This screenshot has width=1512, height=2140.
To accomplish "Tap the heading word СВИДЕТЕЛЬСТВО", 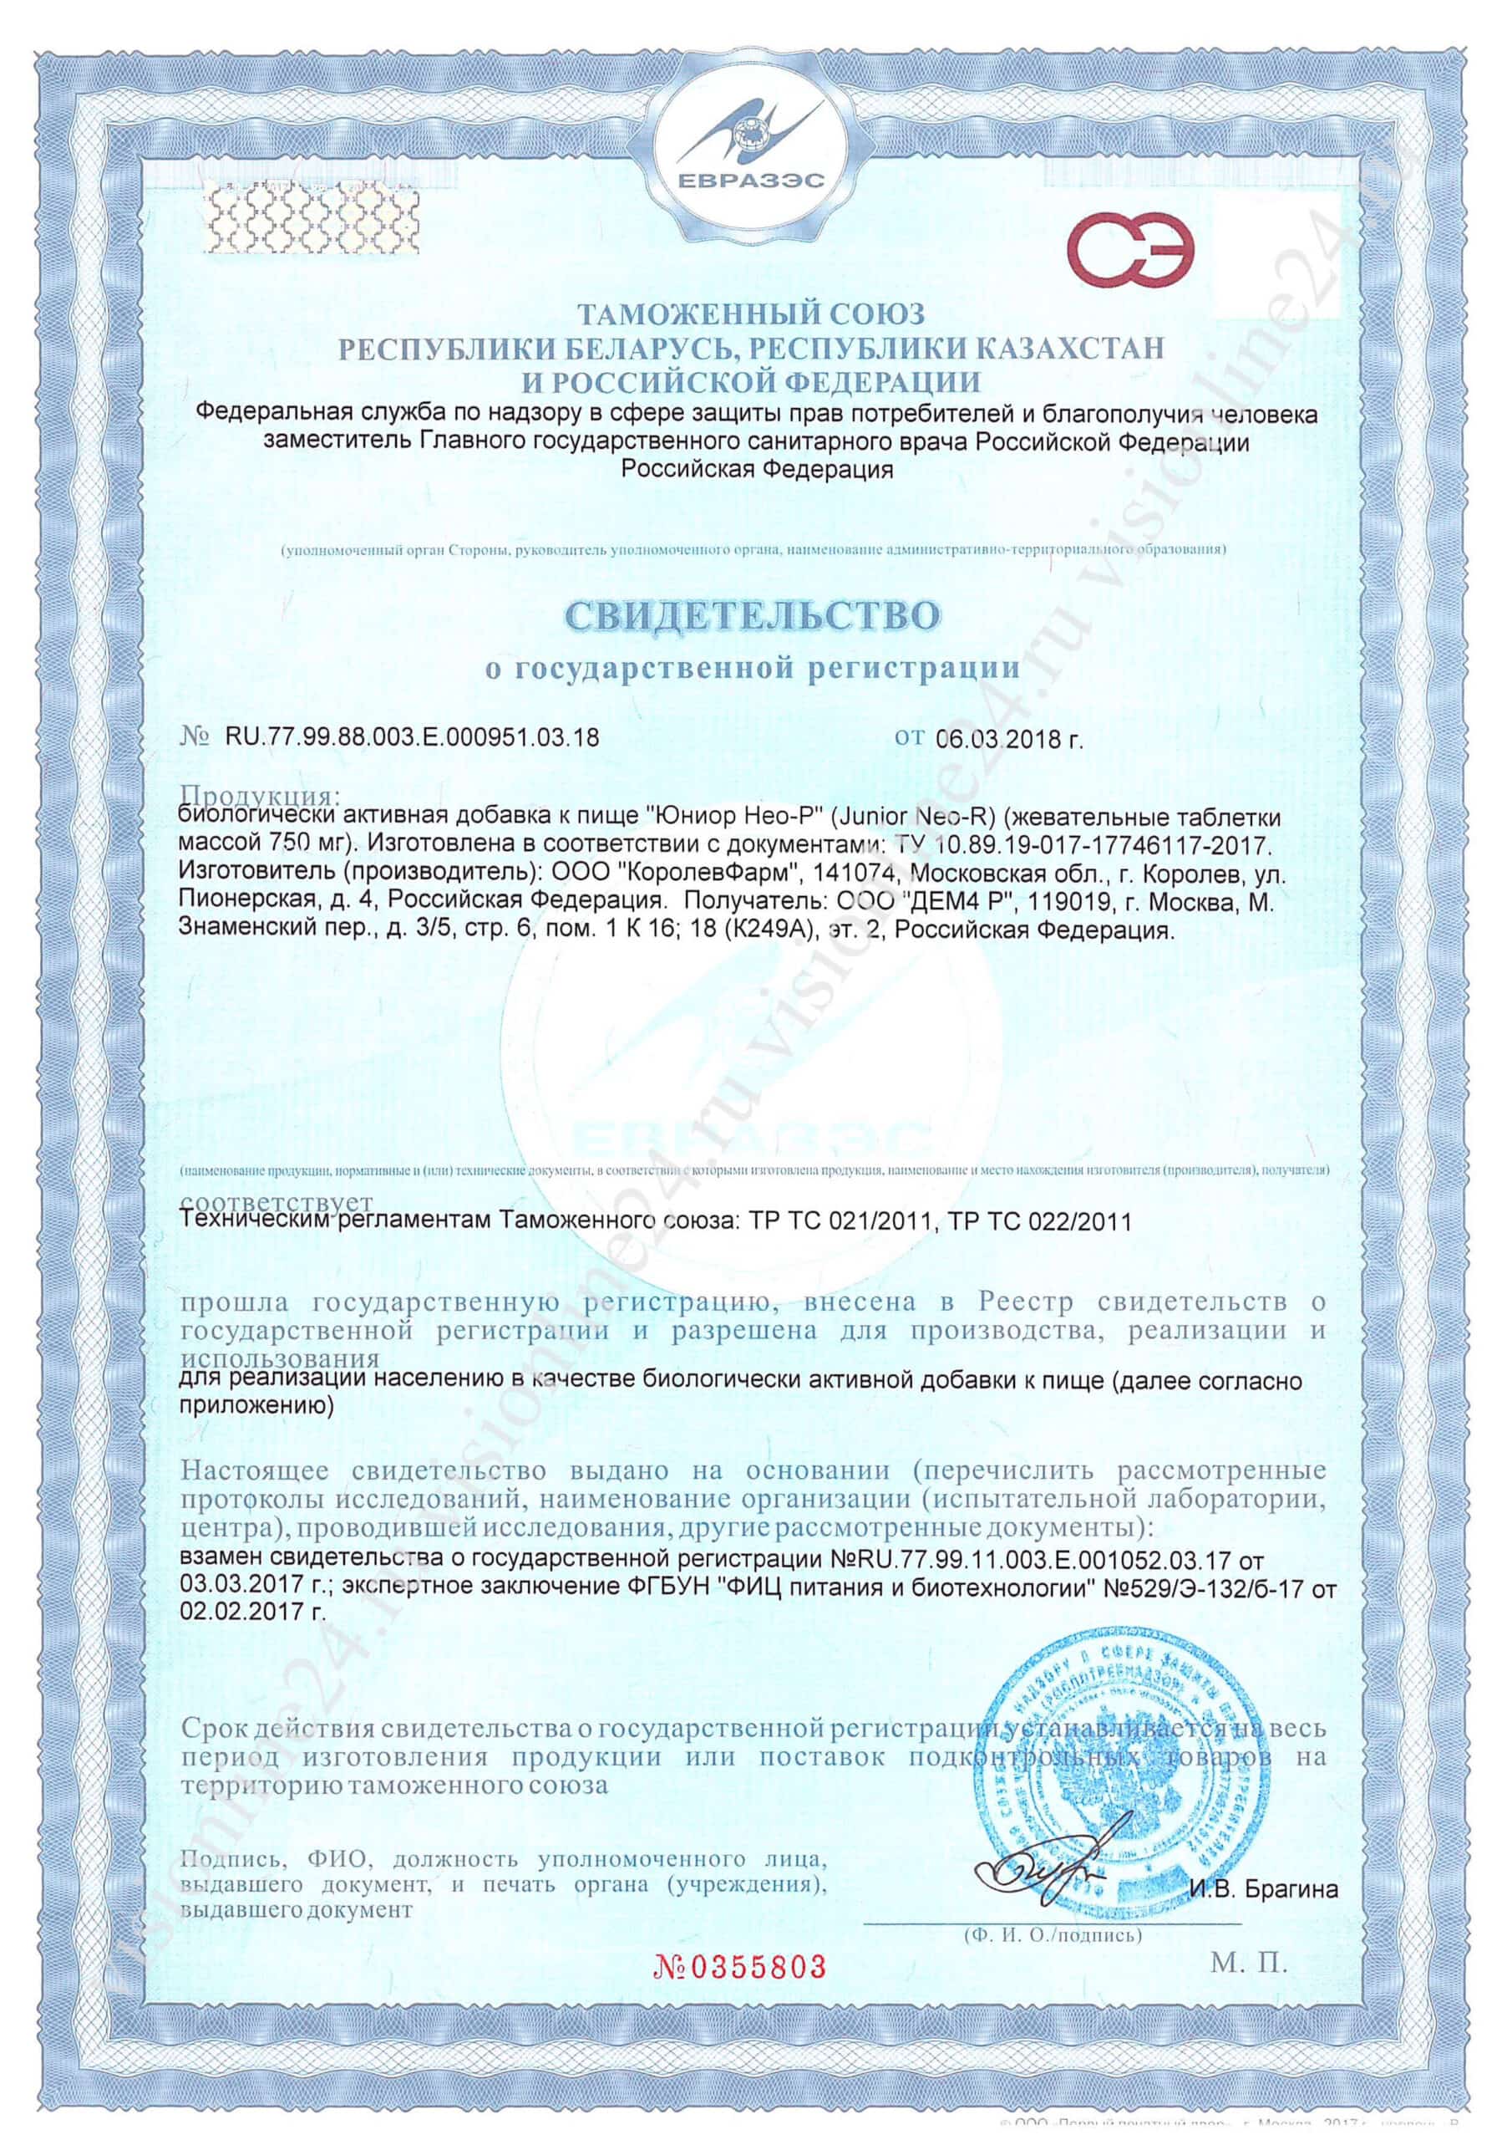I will [x=753, y=616].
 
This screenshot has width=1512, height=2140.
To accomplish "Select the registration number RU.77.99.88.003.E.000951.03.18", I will [x=411, y=737].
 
